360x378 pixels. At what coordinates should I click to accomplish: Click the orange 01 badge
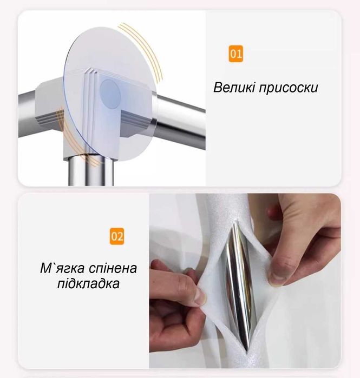[235, 54]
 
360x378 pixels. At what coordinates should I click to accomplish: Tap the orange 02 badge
[117, 236]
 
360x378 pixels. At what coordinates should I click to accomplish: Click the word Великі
[232, 87]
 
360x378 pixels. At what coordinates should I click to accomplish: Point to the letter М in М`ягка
[44, 269]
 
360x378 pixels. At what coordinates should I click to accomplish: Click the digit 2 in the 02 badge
[120, 236]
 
